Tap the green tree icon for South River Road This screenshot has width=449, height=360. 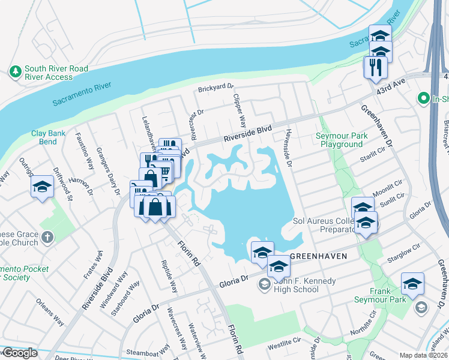point(14,72)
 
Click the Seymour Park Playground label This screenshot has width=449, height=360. point(341,140)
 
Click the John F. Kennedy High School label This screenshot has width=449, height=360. point(304,285)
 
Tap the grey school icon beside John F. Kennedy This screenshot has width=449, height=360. point(265,284)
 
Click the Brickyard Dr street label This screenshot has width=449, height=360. point(216,90)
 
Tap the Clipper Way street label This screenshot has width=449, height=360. point(240,110)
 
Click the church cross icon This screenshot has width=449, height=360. point(47,237)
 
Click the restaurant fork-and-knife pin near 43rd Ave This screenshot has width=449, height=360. point(376,67)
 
